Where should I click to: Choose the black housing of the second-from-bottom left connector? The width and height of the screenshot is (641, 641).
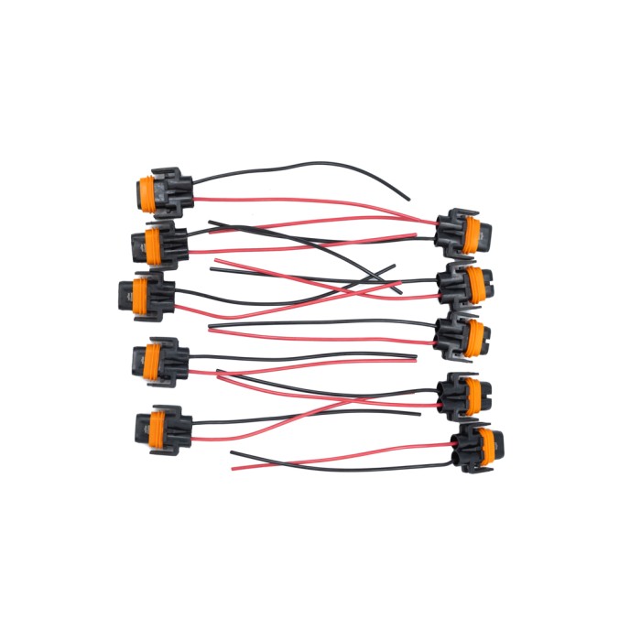(x=174, y=359)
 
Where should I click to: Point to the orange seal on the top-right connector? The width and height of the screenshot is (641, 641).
(x=473, y=233)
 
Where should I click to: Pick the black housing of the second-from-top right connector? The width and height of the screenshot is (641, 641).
(x=455, y=285)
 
